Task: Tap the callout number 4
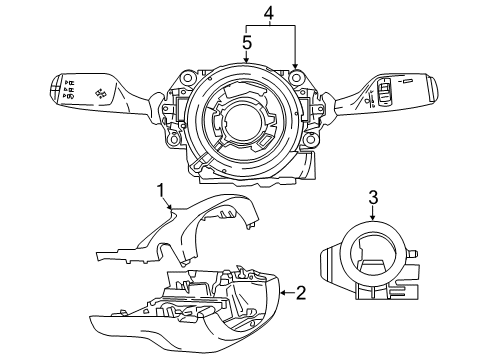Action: point(269,13)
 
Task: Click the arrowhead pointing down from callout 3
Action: point(372,216)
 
